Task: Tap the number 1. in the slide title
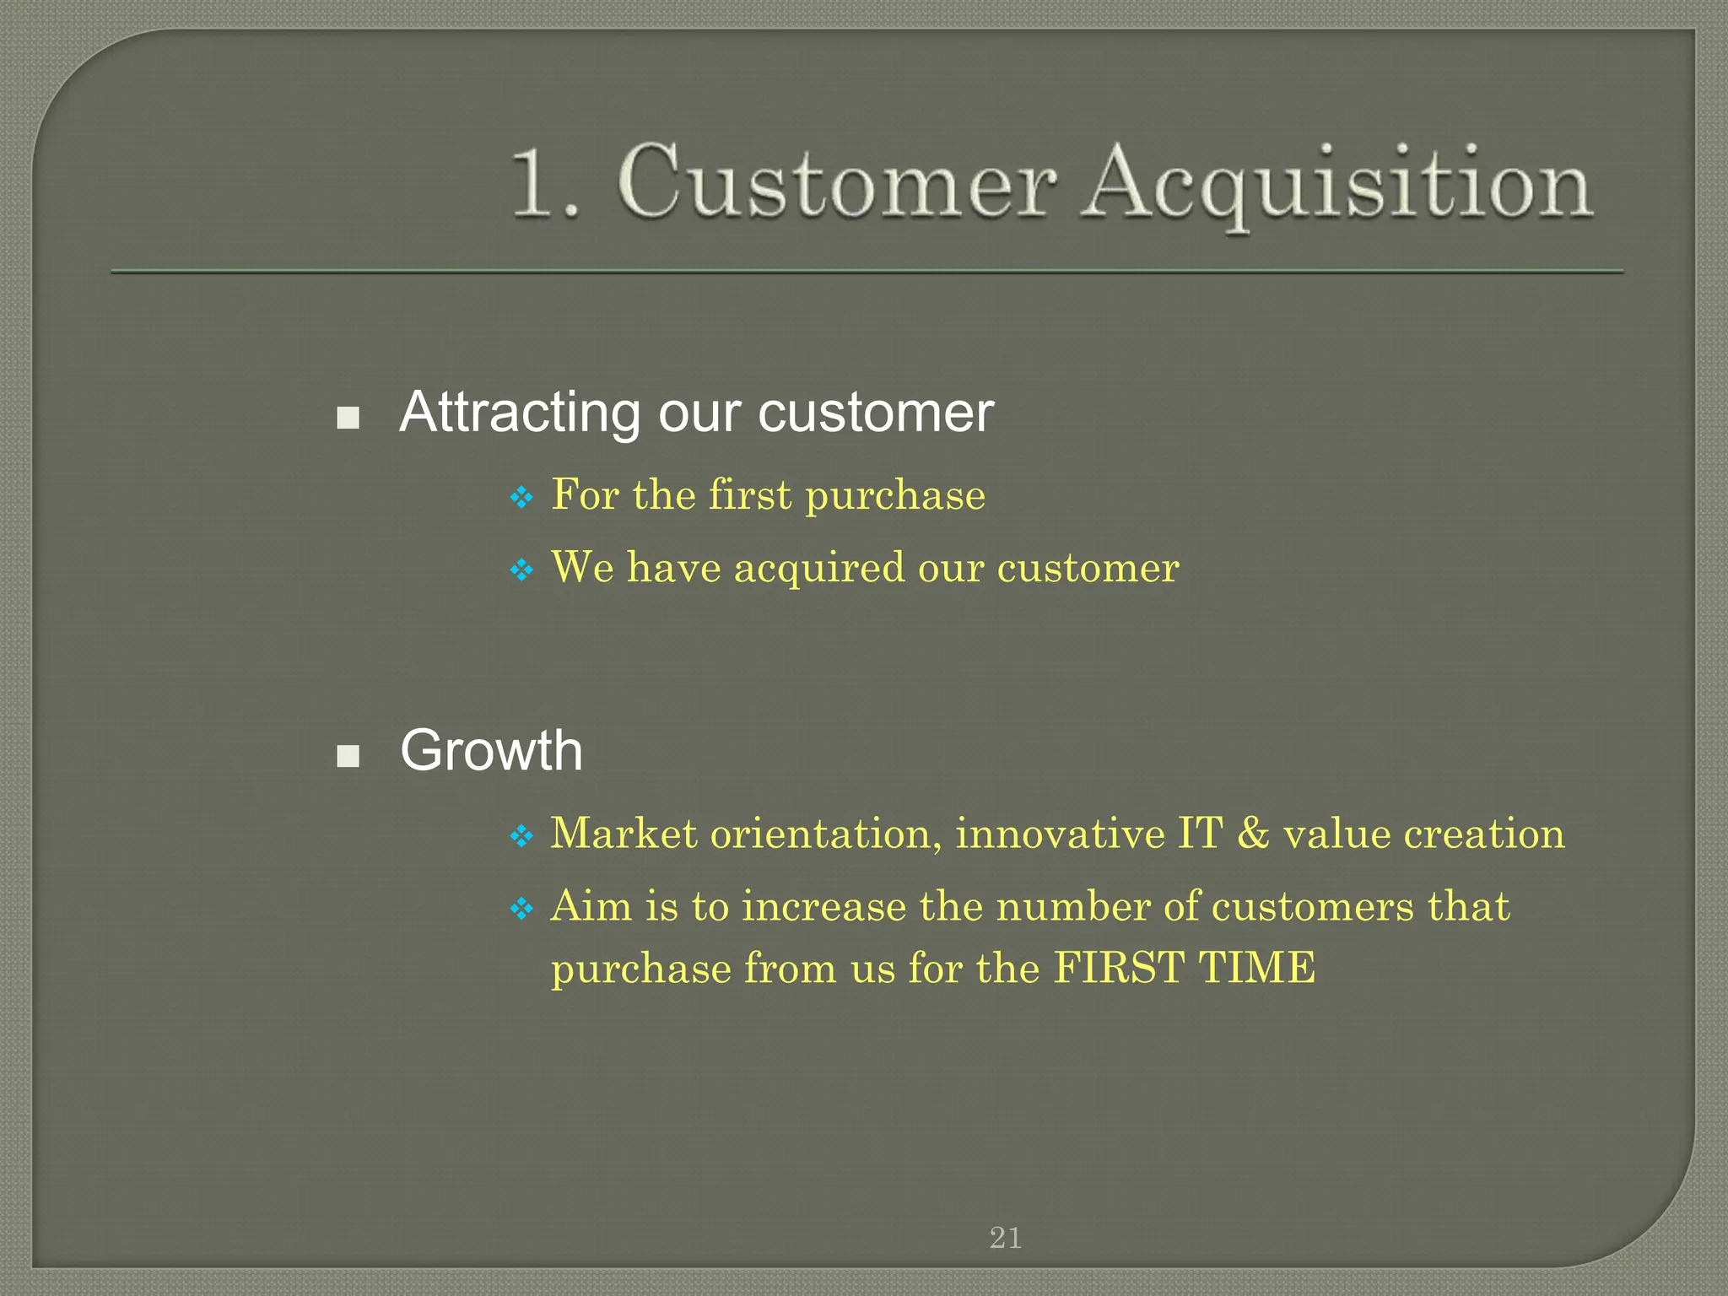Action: [545, 184]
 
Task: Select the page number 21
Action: [1005, 1238]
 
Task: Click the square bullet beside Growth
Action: [348, 755]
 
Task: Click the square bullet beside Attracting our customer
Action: [348, 417]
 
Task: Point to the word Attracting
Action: [520, 413]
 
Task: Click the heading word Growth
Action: [491, 750]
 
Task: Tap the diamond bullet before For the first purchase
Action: [522, 498]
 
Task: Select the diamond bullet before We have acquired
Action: [522, 570]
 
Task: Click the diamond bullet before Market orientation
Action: [522, 837]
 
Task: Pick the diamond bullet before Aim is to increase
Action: [522, 910]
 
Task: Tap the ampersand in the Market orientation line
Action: [1253, 834]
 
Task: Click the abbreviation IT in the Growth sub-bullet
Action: [1200, 834]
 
